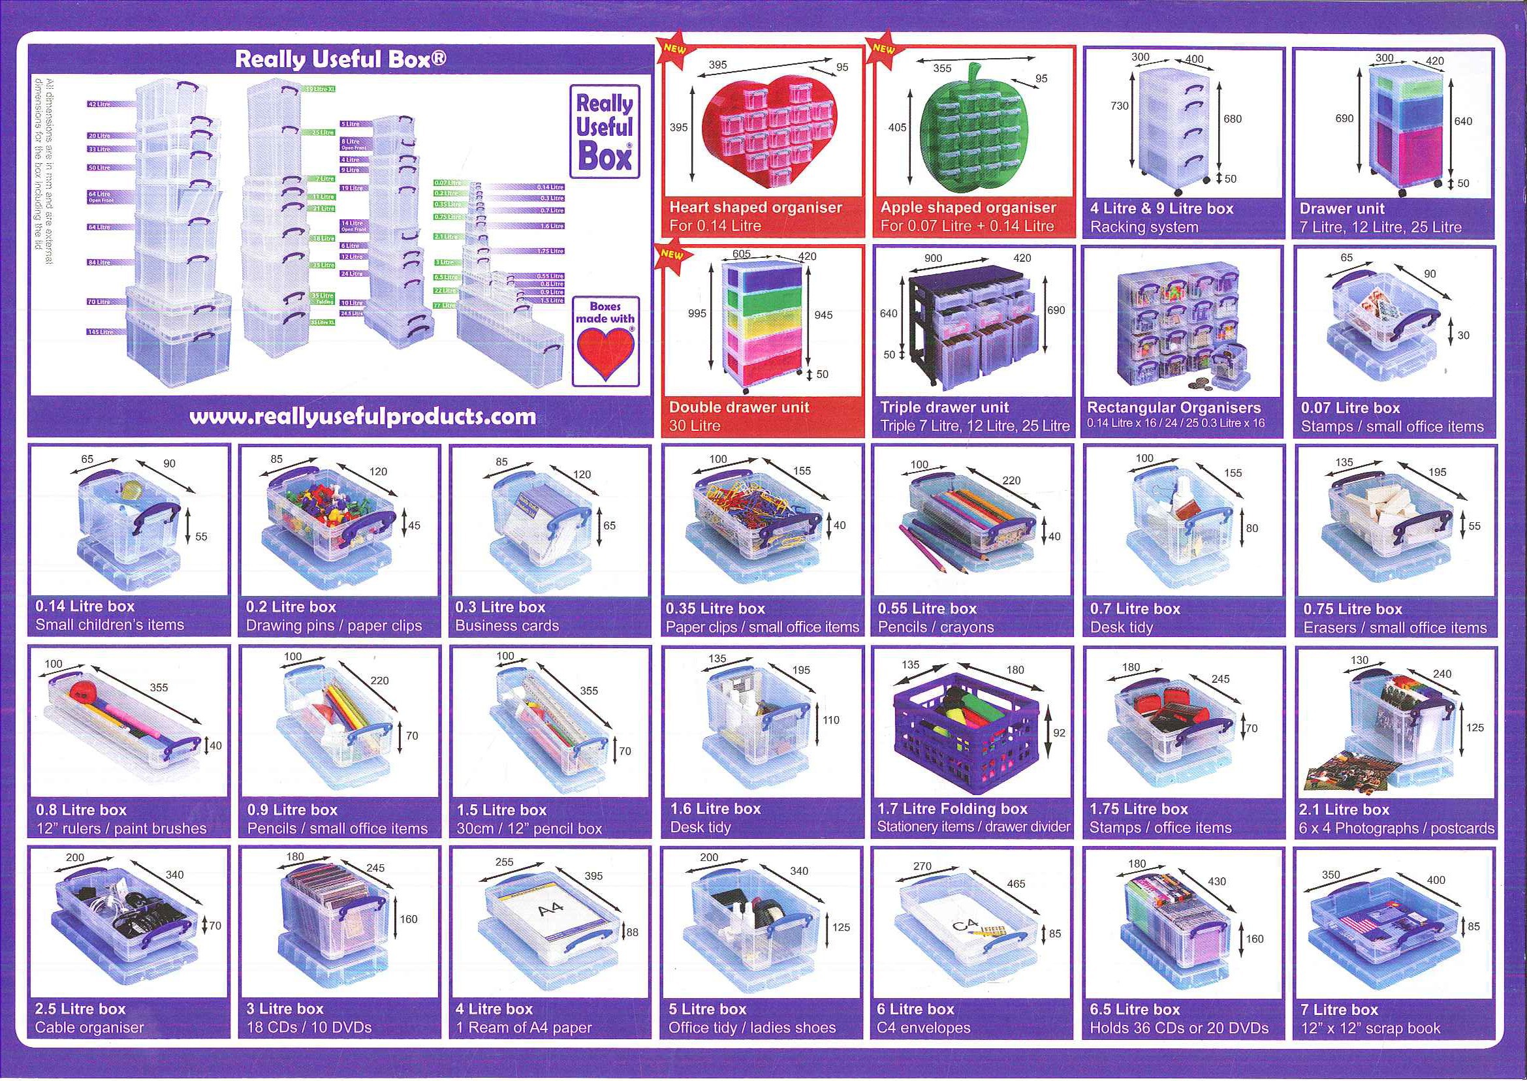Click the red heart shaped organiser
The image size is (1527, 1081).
coord(769,130)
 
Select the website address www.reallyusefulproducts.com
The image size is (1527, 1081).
coord(363,416)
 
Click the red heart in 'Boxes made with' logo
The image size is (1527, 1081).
coord(605,352)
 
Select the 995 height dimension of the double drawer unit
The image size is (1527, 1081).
coord(697,313)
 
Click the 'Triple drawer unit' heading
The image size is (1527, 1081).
coord(944,407)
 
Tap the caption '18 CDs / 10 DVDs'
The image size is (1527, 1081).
coord(309,1027)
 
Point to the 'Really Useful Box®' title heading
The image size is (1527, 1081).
coord(340,60)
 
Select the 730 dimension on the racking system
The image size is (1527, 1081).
coord(1120,106)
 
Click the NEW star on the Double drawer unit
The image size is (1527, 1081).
coord(672,255)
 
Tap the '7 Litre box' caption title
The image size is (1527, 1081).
coord(1339,1009)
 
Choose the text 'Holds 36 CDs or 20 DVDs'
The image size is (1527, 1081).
coord(1179,1027)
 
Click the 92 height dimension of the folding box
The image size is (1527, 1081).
coord(1059,733)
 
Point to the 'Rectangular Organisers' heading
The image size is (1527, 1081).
coord(1174,407)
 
